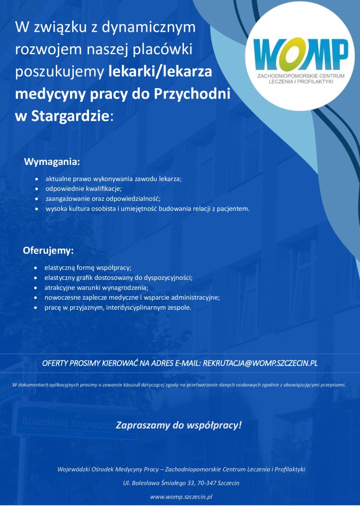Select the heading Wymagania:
[x=52, y=162]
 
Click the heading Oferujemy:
[x=48, y=250]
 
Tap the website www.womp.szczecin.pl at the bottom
[x=181, y=496]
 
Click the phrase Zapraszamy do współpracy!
[x=179, y=425]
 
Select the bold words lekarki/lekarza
[x=160, y=72]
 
